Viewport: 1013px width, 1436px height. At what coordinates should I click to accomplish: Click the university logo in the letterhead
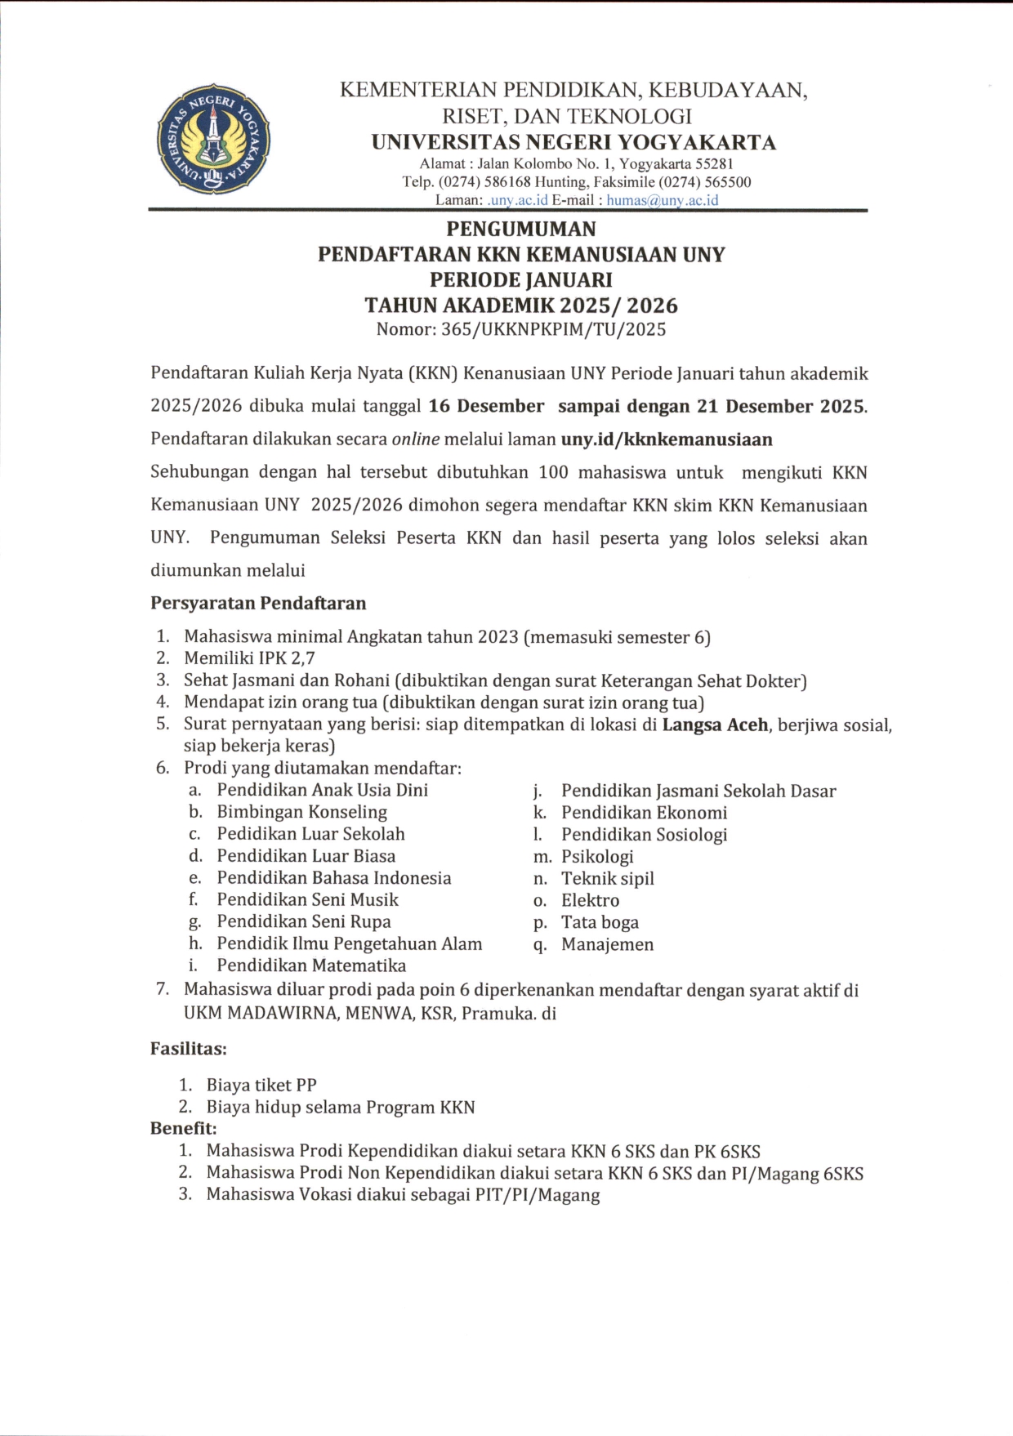[x=213, y=139]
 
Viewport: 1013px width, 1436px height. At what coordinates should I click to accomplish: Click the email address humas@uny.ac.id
[x=663, y=200]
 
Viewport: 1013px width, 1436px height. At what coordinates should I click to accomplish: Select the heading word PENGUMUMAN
[x=520, y=229]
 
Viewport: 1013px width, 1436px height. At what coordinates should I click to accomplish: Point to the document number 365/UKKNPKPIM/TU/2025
[x=553, y=330]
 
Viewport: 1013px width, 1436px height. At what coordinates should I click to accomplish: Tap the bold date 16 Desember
[x=486, y=406]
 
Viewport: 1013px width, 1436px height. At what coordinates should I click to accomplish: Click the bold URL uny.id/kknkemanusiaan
[x=666, y=439]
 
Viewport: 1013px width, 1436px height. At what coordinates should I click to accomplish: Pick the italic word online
[x=416, y=439]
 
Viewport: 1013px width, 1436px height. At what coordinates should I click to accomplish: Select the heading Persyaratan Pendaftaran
[x=258, y=604]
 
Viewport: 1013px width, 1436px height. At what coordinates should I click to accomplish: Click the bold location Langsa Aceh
[x=715, y=725]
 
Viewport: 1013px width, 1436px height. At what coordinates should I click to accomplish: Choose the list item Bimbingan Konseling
[x=301, y=812]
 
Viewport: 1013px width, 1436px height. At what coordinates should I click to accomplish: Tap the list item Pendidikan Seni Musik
[x=307, y=899]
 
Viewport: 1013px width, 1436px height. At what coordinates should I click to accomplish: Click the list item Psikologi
[x=597, y=857]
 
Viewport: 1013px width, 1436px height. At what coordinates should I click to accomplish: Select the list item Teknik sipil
[x=607, y=879]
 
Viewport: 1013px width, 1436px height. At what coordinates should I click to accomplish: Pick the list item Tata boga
[x=600, y=922]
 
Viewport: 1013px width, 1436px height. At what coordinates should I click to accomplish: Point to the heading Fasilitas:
[x=188, y=1048]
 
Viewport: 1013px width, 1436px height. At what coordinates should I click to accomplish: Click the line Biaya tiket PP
[x=261, y=1086]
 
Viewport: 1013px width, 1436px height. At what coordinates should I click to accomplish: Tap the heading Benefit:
[x=183, y=1129]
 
